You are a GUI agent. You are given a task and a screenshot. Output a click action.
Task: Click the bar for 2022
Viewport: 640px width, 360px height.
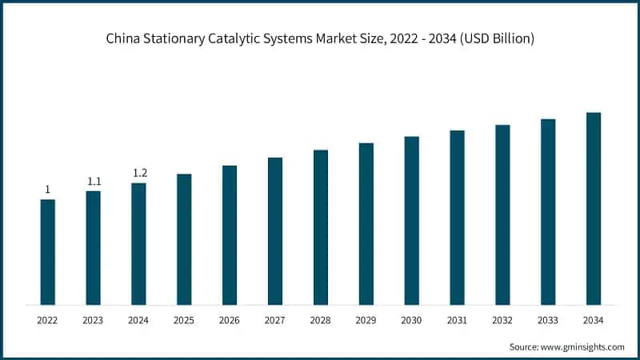(48, 252)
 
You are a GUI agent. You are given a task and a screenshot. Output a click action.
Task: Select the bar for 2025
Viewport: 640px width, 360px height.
(184, 239)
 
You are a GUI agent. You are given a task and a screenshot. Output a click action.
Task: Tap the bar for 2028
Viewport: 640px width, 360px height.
(321, 227)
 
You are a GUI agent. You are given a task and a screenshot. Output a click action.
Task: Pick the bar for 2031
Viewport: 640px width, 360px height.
(457, 218)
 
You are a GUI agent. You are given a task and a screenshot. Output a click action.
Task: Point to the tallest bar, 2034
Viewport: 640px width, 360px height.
(594, 209)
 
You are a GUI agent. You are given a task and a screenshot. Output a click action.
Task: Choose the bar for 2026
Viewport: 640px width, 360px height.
(230, 235)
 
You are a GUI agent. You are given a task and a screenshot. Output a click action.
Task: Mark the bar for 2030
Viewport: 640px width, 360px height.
(411, 221)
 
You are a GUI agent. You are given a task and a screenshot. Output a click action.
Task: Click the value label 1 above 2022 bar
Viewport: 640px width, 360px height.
(48, 190)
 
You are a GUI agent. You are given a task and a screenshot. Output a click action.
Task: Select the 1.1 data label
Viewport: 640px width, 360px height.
(94, 182)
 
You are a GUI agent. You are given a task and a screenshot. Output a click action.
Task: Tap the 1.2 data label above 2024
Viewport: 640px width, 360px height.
(139, 173)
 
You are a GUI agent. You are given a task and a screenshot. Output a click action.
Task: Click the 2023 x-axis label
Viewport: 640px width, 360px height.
(94, 320)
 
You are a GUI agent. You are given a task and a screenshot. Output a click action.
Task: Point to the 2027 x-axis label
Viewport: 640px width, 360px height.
(275, 320)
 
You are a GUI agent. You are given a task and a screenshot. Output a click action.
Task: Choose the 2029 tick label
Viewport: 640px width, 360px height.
(366, 320)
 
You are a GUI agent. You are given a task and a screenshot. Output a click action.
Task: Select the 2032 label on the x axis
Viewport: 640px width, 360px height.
(502, 320)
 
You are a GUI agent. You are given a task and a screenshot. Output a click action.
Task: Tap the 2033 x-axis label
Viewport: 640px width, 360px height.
(548, 320)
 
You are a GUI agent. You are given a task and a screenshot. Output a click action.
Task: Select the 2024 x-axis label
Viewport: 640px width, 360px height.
(139, 320)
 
